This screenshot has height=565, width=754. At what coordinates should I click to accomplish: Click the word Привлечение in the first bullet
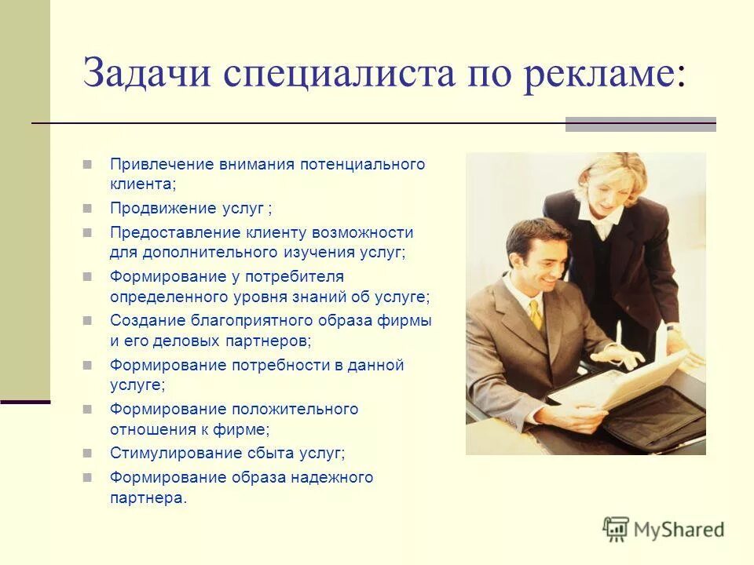tap(162, 165)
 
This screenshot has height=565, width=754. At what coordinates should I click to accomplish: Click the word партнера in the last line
tap(147, 498)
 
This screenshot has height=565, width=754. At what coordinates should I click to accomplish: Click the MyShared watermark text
tap(679, 530)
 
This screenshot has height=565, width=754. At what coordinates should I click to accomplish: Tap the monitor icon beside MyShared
tap(617, 529)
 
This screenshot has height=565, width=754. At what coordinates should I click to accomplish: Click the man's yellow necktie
tap(536, 314)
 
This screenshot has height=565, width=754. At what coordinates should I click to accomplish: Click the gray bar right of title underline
tap(640, 123)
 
